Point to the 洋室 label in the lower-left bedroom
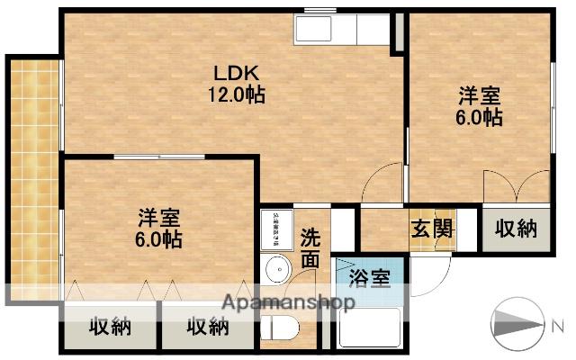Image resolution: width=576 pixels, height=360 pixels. tap(160, 218)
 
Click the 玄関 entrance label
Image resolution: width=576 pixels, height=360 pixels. tap(433, 228)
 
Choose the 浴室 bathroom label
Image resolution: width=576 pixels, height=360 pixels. tap(369, 277)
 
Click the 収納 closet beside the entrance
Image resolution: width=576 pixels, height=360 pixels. tap(516, 228)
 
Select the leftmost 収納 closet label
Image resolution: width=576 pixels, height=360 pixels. tap(109, 327)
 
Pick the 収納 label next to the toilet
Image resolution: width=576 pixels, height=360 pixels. tap(207, 327)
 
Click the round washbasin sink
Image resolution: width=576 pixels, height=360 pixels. tap(278, 269)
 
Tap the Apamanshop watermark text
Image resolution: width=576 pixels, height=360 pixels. tap(288, 302)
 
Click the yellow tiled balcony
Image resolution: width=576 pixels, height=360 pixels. tap(34, 171)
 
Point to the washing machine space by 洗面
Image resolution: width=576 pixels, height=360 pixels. tap(274, 229)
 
